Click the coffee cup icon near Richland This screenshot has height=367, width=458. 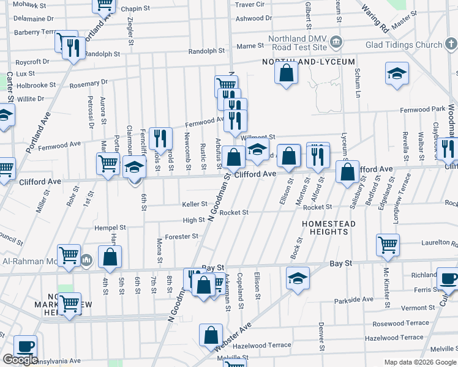tap(448, 278)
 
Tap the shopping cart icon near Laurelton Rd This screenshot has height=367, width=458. tap(388, 245)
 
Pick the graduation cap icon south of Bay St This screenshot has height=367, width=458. tap(298, 278)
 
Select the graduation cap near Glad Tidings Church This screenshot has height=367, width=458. tap(397, 73)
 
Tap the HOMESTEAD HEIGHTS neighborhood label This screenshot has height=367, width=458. tap(329, 228)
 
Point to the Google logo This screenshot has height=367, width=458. tap(20, 360)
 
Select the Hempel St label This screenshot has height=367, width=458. tap(110, 227)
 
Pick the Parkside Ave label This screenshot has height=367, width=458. tap(354, 300)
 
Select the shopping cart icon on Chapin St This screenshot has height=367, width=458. tap(104, 4)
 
